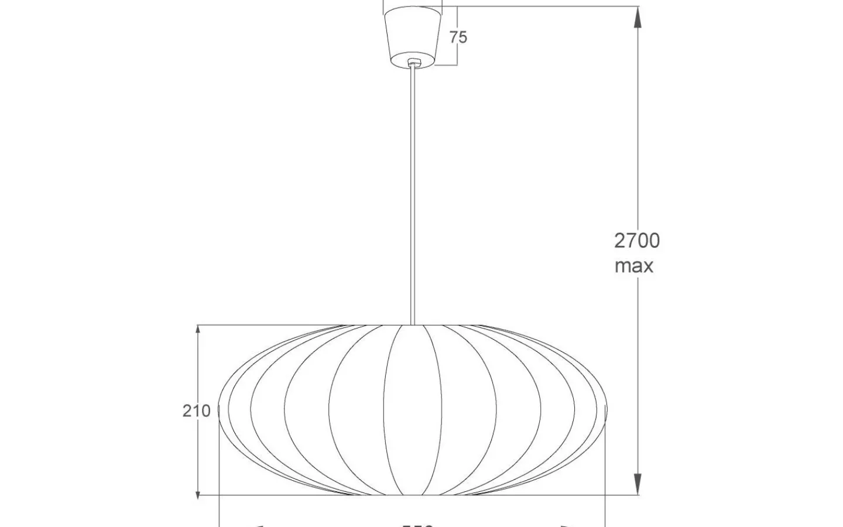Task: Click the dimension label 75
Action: [458, 37]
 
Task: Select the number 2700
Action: [637, 241]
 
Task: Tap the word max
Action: [634, 266]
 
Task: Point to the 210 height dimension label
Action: [196, 411]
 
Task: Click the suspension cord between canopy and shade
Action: [414, 193]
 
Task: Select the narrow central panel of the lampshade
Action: [413, 410]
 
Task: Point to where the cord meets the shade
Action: [414, 324]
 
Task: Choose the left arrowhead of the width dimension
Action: [261, 525]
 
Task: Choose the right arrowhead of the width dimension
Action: [566, 525]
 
